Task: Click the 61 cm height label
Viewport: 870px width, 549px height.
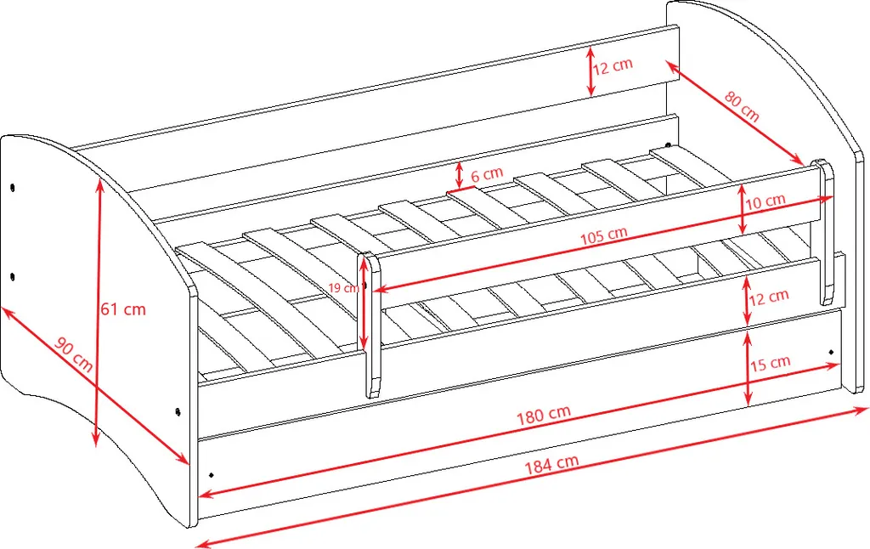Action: [x=123, y=308]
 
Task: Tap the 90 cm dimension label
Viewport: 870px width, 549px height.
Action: [x=74, y=354]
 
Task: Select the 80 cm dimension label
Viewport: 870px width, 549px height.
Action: [x=742, y=106]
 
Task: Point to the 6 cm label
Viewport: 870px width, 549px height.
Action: [x=487, y=174]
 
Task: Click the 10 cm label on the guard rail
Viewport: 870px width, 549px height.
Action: [x=765, y=201]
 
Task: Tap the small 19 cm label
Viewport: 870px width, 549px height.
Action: [x=343, y=287]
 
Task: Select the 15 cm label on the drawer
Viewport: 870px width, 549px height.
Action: [x=770, y=364]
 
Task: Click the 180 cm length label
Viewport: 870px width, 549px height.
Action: [x=544, y=415]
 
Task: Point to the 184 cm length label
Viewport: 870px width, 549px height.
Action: [x=552, y=463]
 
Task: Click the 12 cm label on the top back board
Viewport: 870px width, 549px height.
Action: [x=613, y=66]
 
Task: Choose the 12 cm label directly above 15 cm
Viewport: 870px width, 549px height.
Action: [x=768, y=297]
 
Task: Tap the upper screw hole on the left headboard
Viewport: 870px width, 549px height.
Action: [x=12, y=186]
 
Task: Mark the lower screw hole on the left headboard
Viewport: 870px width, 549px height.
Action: [x=12, y=276]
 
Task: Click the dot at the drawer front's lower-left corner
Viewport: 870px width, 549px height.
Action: [x=212, y=475]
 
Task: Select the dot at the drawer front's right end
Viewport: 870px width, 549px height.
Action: [x=831, y=352]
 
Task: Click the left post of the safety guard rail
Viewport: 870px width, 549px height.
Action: [x=371, y=325]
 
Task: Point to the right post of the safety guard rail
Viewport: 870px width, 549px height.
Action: [x=825, y=232]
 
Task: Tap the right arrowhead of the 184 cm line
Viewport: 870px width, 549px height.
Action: [x=861, y=410]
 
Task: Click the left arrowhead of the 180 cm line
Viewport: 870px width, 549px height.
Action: [x=206, y=492]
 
